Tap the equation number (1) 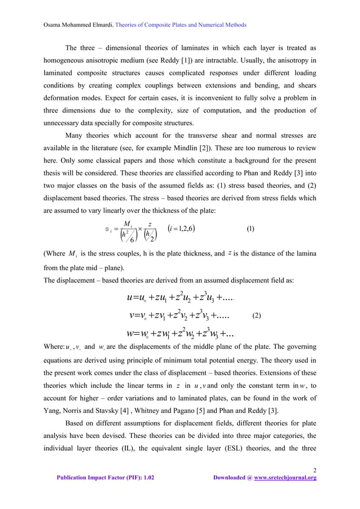(251, 229)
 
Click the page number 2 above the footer (314, 469)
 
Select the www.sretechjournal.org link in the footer (285, 477)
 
